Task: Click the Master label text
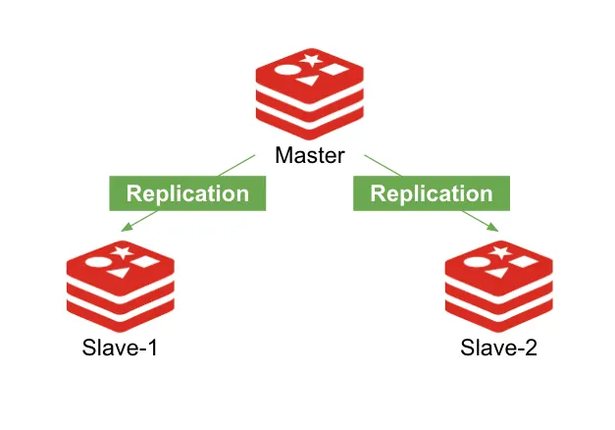click(310, 156)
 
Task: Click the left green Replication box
click(187, 193)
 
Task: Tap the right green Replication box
click(432, 193)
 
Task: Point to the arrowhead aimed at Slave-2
click(495, 231)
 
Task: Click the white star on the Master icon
click(311, 61)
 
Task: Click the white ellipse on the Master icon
click(286, 70)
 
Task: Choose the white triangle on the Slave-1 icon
click(118, 273)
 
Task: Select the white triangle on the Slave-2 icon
click(495, 273)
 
